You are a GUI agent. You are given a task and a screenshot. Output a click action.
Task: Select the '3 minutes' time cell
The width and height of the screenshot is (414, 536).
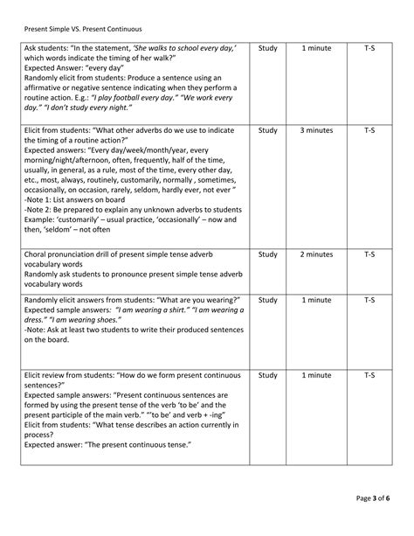pyautogui.click(x=316, y=130)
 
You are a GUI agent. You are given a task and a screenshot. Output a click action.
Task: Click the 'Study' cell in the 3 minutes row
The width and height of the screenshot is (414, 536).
pyautogui.click(x=268, y=130)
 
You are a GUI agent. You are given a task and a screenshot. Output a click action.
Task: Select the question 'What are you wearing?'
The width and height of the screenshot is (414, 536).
pyautogui.click(x=199, y=300)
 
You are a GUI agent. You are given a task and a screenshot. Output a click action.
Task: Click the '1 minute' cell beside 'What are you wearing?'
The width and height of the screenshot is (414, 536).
pyautogui.click(x=316, y=300)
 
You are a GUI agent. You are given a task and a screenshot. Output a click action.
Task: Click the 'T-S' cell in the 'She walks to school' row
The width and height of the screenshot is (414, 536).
pyautogui.click(x=369, y=49)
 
